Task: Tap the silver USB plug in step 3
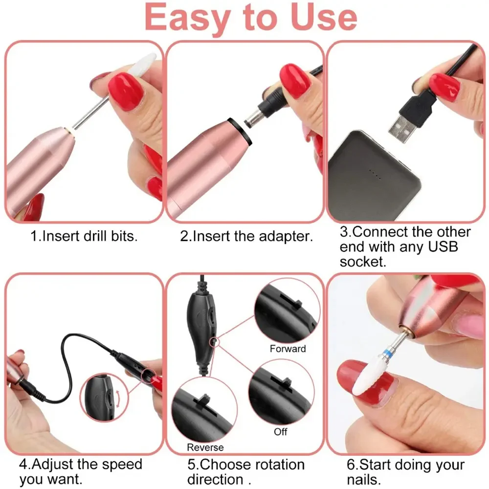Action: tap(404, 122)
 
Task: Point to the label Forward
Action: tap(288, 349)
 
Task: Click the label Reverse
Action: tap(205, 447)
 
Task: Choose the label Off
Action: tap(281, 432)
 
